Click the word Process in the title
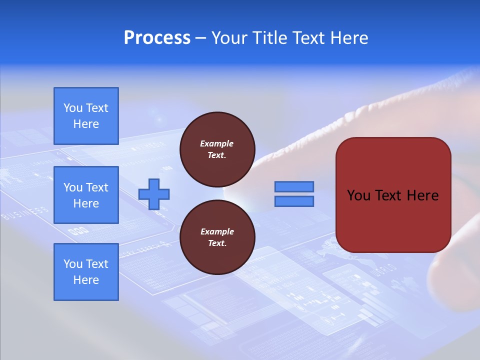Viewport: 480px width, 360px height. (x=157, y=38)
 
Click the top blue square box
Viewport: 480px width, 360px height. (x=86, y=116)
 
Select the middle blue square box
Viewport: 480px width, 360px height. (x=86, y=195)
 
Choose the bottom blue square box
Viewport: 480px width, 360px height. (x=86, y=272)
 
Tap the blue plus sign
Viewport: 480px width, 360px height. (x=154, y=194)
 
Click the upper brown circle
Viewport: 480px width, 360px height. (x=217, y=149)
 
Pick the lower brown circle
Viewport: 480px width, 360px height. (x=217, y=237)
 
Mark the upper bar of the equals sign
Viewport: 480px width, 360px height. (x=294, y=187)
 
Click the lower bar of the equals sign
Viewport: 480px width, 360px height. (x=294, y=201)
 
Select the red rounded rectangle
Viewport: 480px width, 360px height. (x=393, y=195)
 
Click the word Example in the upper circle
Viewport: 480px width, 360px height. (x=217, y=143)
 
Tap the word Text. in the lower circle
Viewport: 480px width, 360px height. (x=217, y=243)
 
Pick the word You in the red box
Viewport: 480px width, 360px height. (x=358, y=195)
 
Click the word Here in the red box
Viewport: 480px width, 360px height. (x=422, y=195)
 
